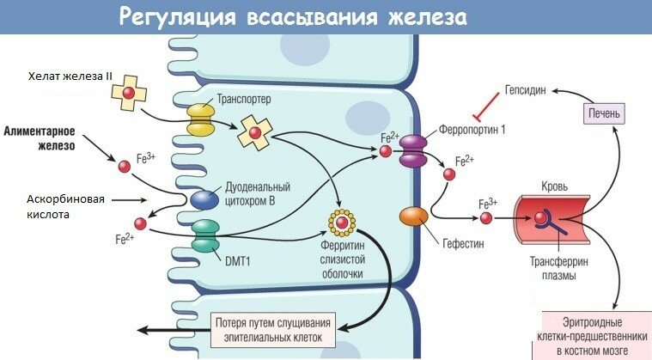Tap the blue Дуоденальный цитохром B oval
tap(204, 199)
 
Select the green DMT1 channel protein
tap(205, 235)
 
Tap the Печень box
tap(606, 113)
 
